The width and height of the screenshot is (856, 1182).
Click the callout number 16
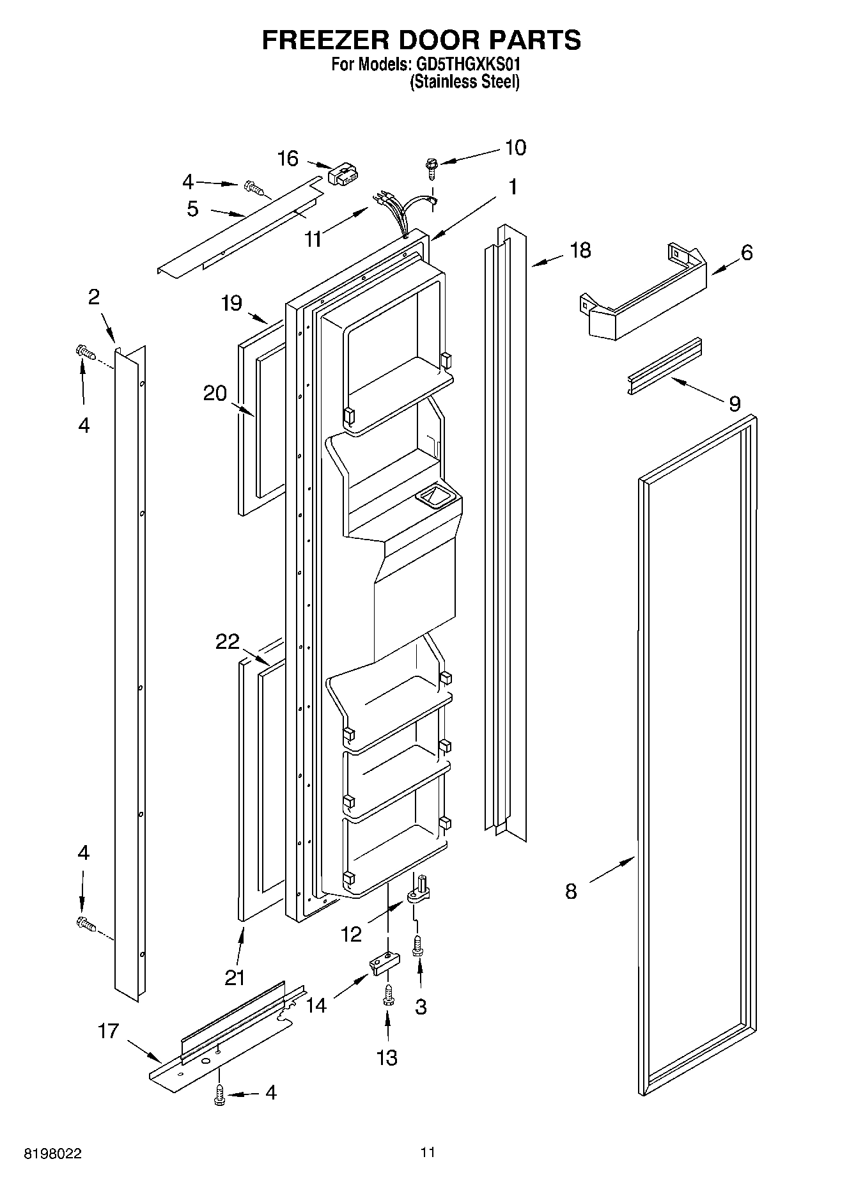(x=288, y=158)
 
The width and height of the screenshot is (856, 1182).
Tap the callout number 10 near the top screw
(x=515, y=147)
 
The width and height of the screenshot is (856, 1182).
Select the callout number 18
(x=580, y=250)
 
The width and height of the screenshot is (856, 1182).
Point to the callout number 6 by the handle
(x=746, y=253)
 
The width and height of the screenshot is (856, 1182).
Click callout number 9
(x=734, y=403)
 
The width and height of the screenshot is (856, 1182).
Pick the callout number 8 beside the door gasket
(x=571, y=891)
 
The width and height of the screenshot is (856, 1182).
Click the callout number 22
(x=227, y=641)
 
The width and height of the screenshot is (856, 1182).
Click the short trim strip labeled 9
(x=663, y=366)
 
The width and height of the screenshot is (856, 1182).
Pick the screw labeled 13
(x=387, y=996)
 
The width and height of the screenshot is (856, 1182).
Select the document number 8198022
(x=53, y=1154)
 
